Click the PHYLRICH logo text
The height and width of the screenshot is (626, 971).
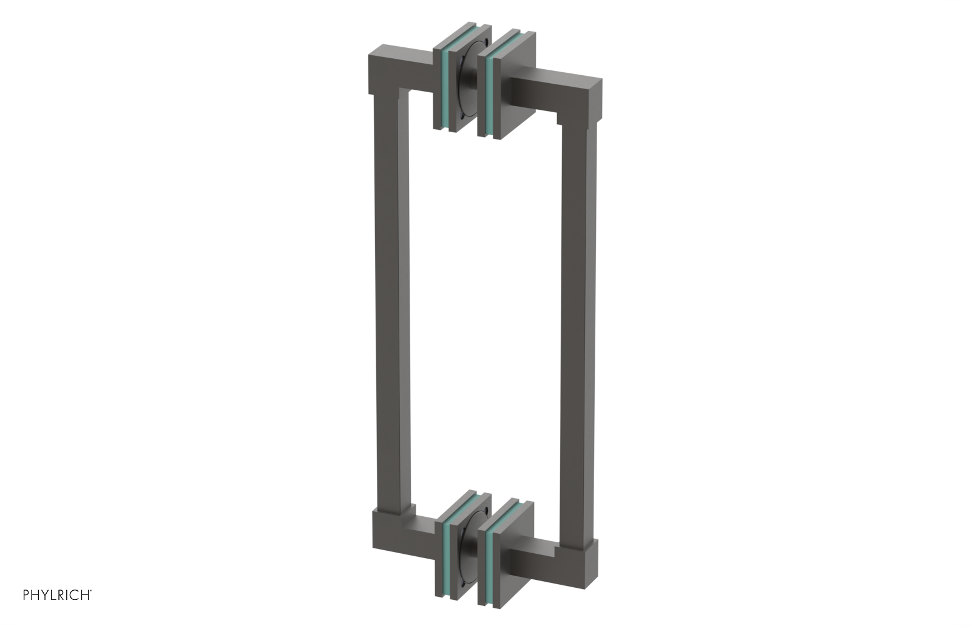coord(57,595)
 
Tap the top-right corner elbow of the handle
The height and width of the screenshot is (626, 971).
coord(583,97)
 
